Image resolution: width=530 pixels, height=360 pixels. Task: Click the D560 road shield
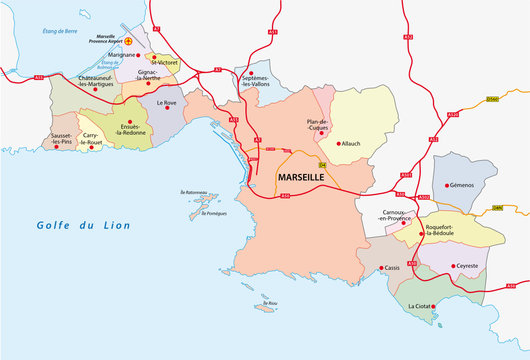pyautogui.click(x=491, y=100)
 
